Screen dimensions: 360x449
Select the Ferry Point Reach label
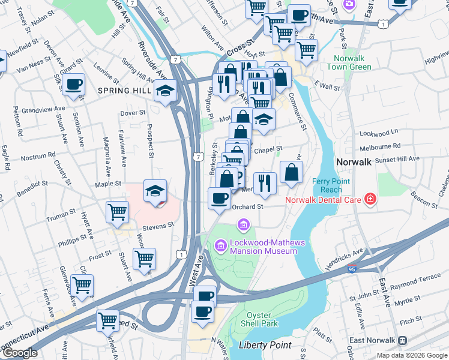pos(327,185)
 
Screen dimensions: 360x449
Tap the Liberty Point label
pos(265,345)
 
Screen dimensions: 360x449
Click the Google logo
pos(20,353)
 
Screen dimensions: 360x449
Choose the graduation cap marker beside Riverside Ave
pos(166,91)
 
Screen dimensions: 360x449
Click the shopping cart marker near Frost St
pos(144,259)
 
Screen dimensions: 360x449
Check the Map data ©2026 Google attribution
pos(412,355)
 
